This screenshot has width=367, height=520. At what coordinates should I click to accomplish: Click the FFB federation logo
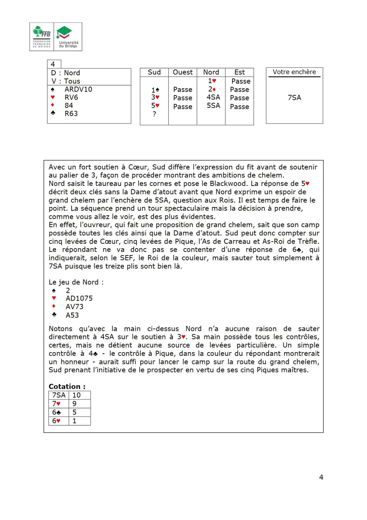click(42, 37)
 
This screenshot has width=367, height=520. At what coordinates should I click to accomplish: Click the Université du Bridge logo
click(68, 37)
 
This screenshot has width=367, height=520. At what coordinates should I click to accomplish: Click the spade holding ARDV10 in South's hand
click(78, 89)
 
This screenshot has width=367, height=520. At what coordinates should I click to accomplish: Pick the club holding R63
click(71, 113)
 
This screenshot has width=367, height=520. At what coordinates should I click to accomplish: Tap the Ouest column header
click(183, 72)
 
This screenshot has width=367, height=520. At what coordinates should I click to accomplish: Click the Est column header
click(239, 72)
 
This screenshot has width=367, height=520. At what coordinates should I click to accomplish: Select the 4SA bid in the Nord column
click(213, 97)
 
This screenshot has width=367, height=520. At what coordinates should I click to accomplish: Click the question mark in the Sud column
click(154, 114)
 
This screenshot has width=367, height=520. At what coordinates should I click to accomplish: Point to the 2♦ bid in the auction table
click(212, 89)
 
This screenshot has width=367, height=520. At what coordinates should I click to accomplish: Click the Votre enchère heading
click(294, 72)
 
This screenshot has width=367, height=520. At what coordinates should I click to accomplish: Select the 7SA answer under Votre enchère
click(294, 97)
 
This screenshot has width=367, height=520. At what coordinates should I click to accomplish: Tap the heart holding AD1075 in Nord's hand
click(79, 298)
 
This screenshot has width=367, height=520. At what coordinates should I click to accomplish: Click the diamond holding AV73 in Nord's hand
click(75, 307)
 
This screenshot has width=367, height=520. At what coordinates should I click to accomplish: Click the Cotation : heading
click(67, 386)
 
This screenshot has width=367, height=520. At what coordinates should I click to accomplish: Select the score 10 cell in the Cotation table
click(77, 395)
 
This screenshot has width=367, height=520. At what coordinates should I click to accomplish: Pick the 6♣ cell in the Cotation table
click(57, 412)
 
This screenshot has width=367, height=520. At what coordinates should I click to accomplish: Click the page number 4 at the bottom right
click(321, 477)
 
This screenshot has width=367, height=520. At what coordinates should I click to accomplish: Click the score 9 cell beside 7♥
click(75, 404)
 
